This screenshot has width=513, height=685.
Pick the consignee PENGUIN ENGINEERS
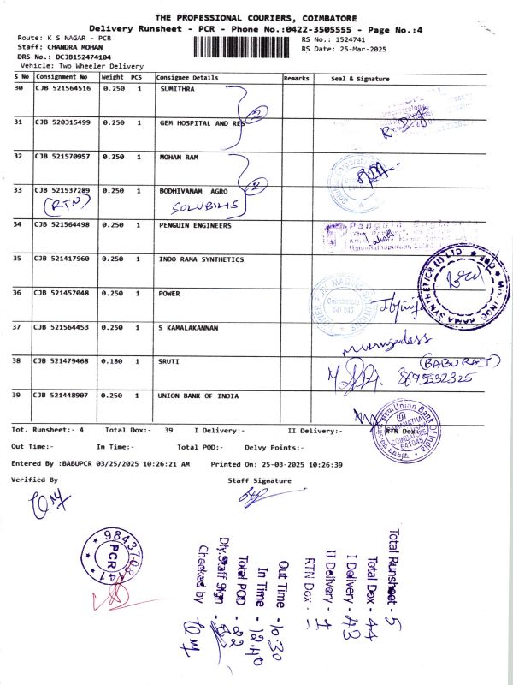coord(196,224)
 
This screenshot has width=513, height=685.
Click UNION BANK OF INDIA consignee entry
coord(198,396)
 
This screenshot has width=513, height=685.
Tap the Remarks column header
coord(296,78)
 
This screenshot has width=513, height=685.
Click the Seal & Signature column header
coord(359,79)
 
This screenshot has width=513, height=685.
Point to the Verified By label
coord(34,480)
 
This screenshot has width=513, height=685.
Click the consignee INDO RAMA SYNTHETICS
coord(201,259)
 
